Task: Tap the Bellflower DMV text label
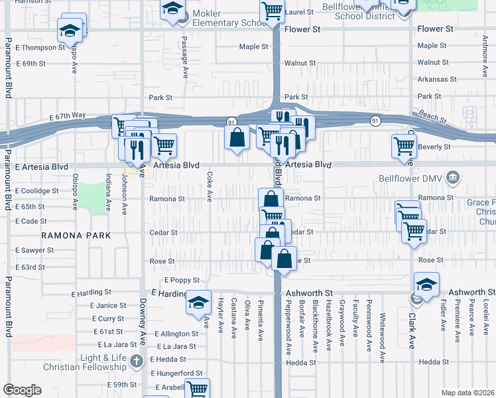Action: (x=411, y=178)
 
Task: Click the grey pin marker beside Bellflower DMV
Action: (x=453, y=177)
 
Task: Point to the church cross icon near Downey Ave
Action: (x=136, y=362)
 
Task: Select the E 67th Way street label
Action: (x=68, y=115)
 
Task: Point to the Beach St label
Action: (x=432, y=115)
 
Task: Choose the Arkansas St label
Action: (x=436, y=79)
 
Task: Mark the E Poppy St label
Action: (x=182, y=281)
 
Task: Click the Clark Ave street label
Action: (x=411, y=333)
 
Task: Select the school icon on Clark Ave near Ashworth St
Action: (x=426, y=284)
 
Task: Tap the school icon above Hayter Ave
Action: (x=198, y=302)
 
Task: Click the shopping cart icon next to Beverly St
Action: (x=404, y=145)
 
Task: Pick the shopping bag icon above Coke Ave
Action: (x=237, y=138)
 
